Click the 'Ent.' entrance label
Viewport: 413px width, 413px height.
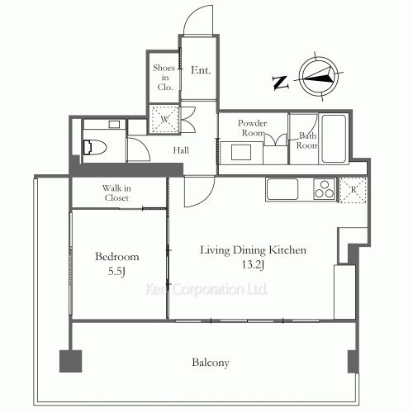click(201, 71)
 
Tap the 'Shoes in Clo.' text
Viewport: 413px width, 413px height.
click(163, 71)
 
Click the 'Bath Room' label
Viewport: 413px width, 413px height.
click(307, 140)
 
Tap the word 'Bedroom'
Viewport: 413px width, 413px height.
click(116, 256)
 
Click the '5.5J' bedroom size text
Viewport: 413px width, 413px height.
click(116, 270)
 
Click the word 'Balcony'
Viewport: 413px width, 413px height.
click(210, 363)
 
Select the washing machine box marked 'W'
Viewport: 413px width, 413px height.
click(165, 120)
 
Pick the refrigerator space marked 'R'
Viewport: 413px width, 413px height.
click(353, 189)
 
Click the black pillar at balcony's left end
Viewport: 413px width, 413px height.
click(69, 361)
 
